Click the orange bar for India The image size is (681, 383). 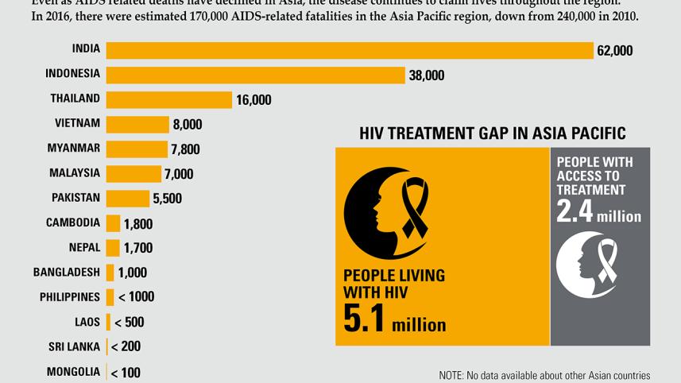coord(350,50)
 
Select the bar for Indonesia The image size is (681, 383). coord(256,75)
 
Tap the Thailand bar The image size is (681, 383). coord(169,99)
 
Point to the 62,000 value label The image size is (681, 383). coord(615,51)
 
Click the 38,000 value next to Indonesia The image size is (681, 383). coord(427,75)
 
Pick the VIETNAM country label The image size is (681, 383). coord(77,123)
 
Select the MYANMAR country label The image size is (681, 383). coord(75,148)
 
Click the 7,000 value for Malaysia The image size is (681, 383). coord(178,174)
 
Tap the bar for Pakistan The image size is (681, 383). coord(127,198)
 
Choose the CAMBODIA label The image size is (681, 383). coord(73,222)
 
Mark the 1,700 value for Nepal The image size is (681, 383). coord(138,248)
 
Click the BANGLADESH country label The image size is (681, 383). coord(67,272)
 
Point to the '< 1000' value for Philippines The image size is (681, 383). coord(136,297)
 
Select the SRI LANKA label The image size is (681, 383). coord(72,346)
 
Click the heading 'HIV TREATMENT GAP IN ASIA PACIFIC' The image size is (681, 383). coord(492,133)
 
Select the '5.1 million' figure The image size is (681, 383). coord(394,319)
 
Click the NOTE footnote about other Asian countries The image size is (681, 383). coord(544,375)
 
